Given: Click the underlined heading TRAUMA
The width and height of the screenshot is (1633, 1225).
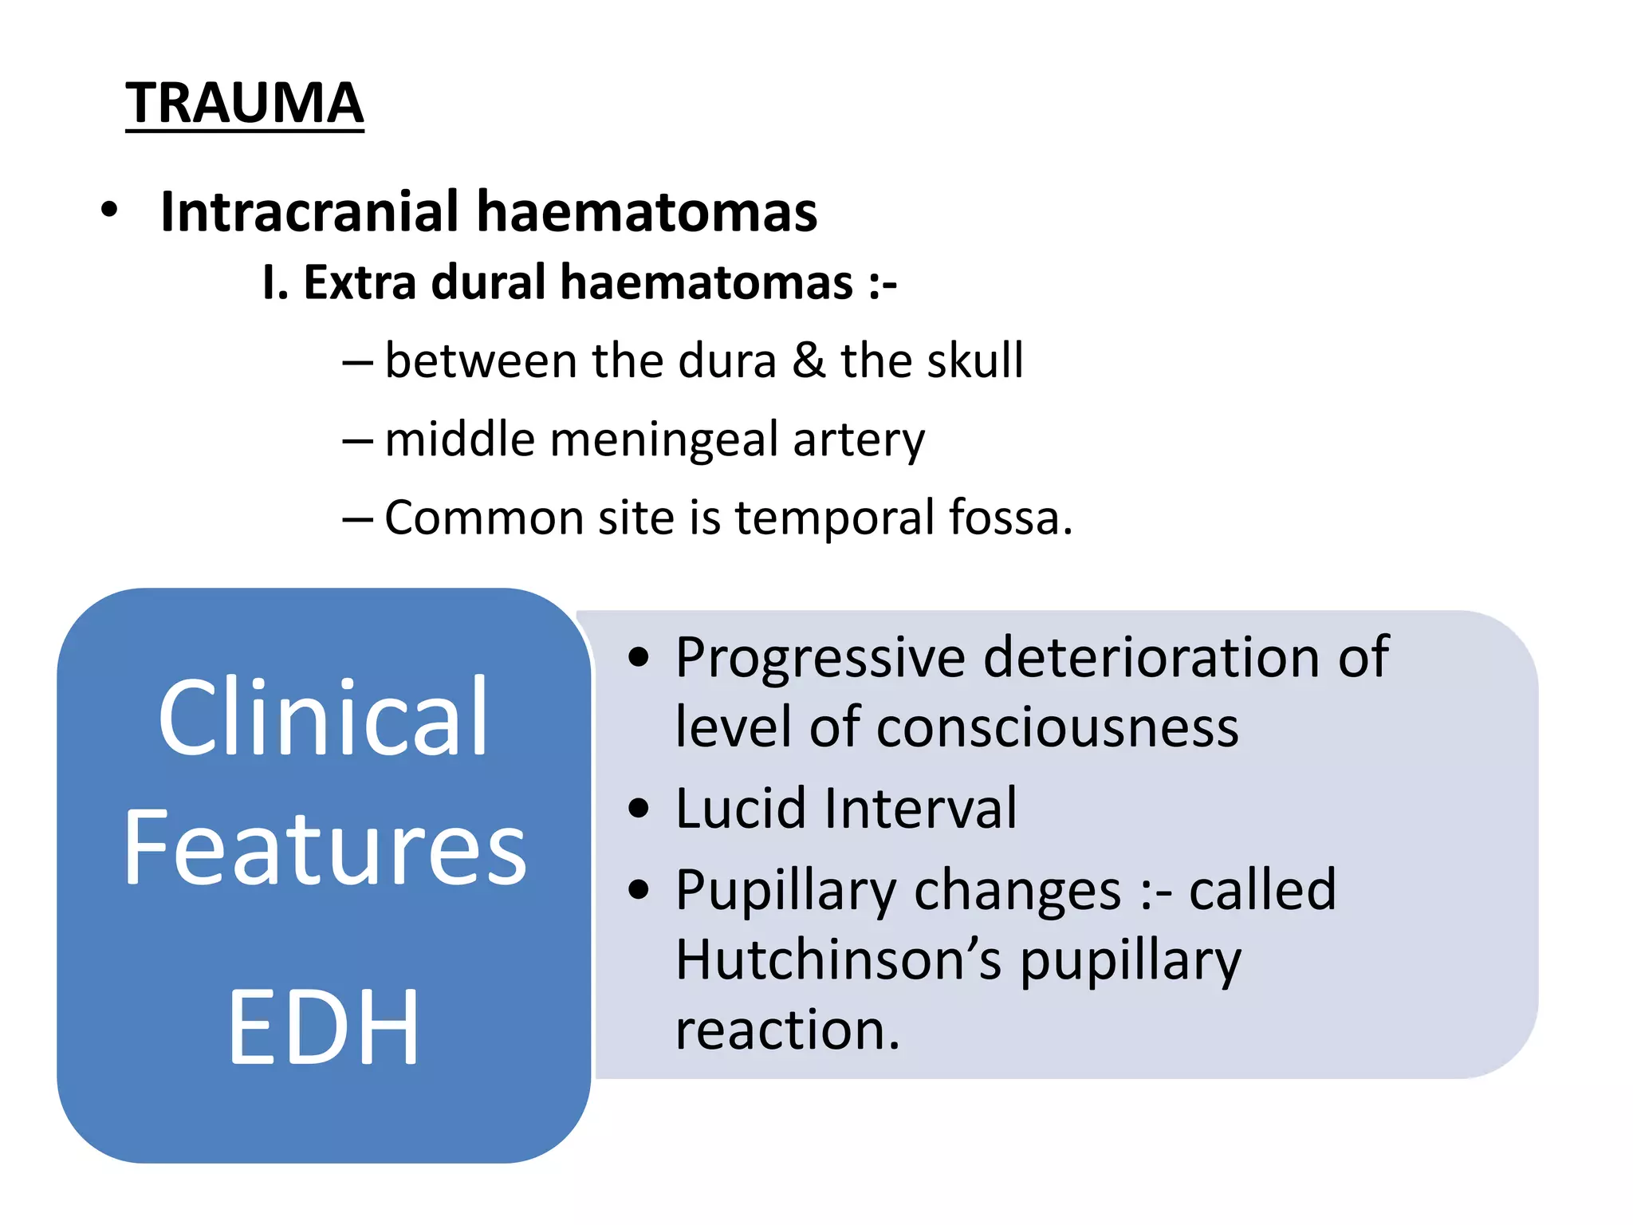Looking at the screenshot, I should pyautogui.click(x=244, y=103).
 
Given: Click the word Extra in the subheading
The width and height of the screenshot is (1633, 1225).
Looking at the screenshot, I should pyautogui.click(x=360, y=282).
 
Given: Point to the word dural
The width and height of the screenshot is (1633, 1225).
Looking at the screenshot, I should pyautogui.click(x=488, y=282).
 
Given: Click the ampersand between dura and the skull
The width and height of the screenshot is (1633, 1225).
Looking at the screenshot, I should pyautogui.click(x=809, y=360).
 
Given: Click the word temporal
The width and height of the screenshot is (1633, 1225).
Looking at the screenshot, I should pyautogui.click(x=834, y=518).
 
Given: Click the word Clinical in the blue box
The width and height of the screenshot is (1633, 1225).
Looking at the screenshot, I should pyautogui.click(x=323, y=717).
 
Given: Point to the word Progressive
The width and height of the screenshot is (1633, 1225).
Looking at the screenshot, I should pyautogui.click(x=820, y=659).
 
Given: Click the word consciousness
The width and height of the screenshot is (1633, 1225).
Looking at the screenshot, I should pyautogui.click(x=1057, y=727).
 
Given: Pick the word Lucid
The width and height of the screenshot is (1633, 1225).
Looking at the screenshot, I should pyautogui.click(x=741, y=809).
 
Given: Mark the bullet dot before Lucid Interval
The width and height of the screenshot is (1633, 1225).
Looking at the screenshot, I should pyautogui.click(x=638, y=809).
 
